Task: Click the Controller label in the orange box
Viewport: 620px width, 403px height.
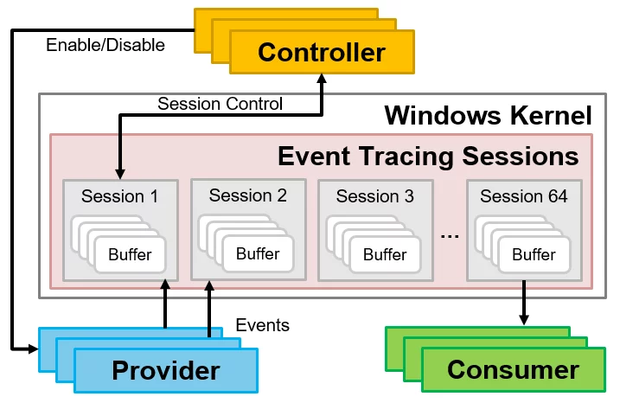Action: click(321, 52)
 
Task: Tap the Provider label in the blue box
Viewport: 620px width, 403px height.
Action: click(165, 371)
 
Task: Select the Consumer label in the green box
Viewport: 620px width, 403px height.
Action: click(513, 370)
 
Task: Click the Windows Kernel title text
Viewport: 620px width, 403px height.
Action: click(488, 115)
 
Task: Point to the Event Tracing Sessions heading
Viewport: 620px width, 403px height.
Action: click(428, 156)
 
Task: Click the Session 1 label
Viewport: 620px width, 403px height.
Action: click(120, 196)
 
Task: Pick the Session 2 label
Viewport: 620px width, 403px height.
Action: click(247, 195)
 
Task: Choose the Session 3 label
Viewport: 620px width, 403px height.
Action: click(375, 196)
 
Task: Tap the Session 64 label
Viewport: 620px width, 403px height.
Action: click(524, 196)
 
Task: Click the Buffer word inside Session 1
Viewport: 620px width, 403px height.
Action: click(130, 254)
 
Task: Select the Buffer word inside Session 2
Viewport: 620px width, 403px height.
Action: click(258, 253)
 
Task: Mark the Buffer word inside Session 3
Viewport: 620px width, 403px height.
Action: click(385, 254)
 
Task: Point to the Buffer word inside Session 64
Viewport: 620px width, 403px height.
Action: click(534, 254)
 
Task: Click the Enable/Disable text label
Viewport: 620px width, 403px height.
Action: click(105, 44)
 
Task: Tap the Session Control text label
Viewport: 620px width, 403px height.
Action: click(220, 104)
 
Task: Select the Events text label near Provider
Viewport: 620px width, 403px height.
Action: click(263, 325)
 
